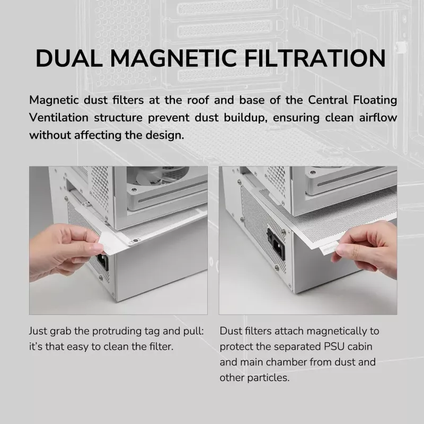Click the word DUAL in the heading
coord(69,58)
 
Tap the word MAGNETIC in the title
coord(173,58)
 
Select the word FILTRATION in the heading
coord(315,58)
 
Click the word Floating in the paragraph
coord(375,100)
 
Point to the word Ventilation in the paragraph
coord(59,118)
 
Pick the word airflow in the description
coord(378,118)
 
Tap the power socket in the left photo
coord(103,261)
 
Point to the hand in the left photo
coord(62,251)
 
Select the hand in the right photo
coord(366,253)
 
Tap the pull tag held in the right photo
coord(328,248)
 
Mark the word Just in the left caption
coord(38,331)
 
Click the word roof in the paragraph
coord(198,100)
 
